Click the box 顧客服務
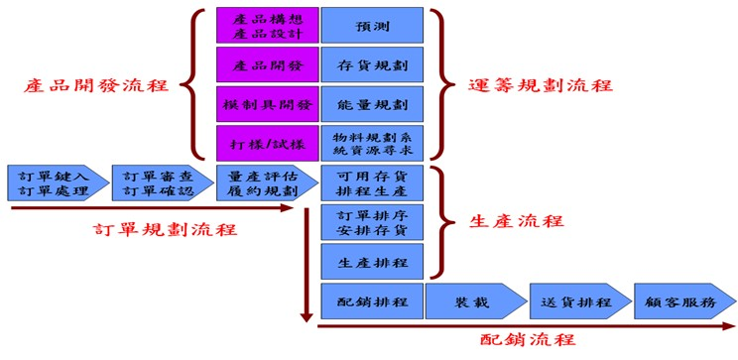click(683, 300)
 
